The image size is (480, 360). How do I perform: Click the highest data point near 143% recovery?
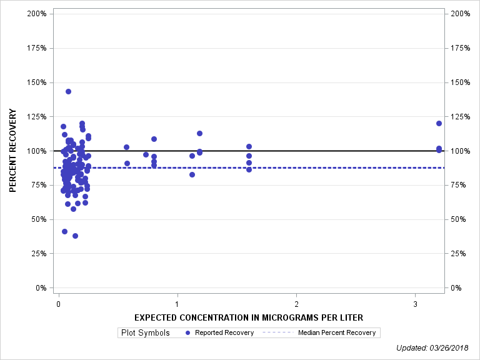[x=68, y=91]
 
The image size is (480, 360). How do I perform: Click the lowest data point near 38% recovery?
[x=75, y=236]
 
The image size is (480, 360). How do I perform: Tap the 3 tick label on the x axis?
[x=416, y=304]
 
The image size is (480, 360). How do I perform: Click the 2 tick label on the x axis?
[x=296, y=304]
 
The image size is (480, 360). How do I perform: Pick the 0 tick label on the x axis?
[x=58, y=304]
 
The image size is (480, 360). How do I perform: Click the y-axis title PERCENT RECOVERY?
[x=13, y=151]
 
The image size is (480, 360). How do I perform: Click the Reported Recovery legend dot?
[x=188, y=332]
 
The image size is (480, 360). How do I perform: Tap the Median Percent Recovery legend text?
[x=337, y=332]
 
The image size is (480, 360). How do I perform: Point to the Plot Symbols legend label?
[x=144, y=332]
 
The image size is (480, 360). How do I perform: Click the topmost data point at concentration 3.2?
[x=439, y=123]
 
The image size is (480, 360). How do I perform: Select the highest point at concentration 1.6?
[x=249, y=146]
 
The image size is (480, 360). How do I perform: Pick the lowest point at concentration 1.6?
[x=249, y=169]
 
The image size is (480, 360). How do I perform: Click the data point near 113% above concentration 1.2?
[x=199, y=133]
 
